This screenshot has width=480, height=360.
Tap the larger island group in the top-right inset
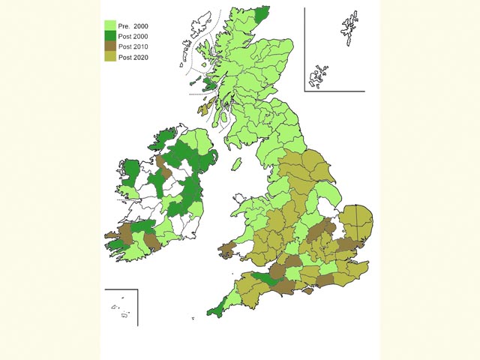coord(349,28)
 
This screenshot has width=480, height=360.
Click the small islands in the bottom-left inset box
coord(121,308)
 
